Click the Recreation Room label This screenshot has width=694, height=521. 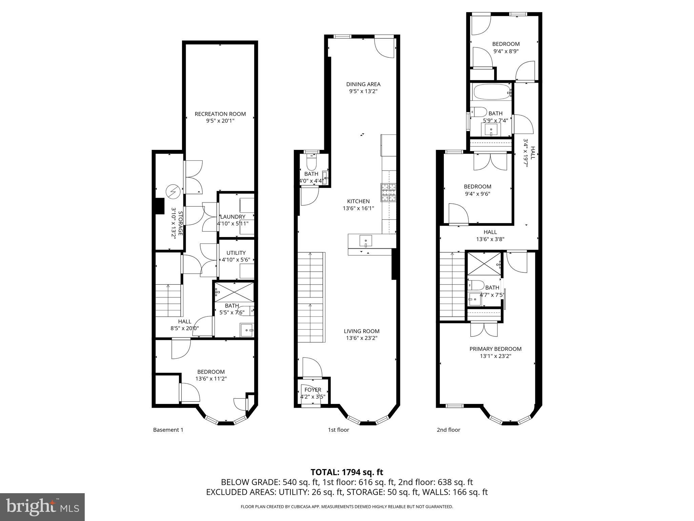click(x=220, y=114)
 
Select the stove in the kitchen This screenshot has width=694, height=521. click(x=389, y=192)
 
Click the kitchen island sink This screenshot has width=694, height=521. click(x=366, y=241)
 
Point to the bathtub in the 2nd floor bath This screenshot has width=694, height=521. click(x=490, y=92)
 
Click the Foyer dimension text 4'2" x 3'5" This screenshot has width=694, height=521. click(x=313, y=397)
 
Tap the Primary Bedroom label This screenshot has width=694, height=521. click(x=495, y=349)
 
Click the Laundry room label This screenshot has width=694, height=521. click(x=232, y=217)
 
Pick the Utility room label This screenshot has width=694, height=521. click(x=236, y=253)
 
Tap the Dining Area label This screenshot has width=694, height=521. click(x=363, y=84)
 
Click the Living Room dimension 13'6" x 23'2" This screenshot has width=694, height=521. click(x=362, y=338)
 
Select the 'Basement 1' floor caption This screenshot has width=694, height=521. click(x=168, y=430)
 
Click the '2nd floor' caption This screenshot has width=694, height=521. click(x=448, y=430)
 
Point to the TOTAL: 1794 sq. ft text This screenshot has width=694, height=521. click(x=347, y=472)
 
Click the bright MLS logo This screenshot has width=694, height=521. click(x=42, y=507)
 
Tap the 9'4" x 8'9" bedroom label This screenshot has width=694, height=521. click(x=506, y=44)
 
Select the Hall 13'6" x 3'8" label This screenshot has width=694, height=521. click(x=490, y=232)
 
